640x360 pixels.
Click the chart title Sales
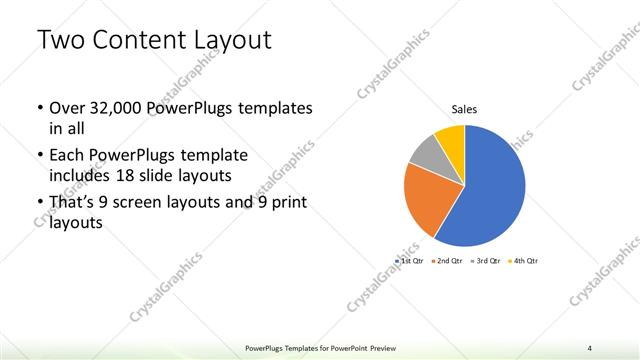pos(464,111)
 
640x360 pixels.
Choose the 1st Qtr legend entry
pos(410,260)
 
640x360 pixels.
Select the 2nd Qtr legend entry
pos(448,260)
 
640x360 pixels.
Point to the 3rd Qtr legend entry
pos(487,260)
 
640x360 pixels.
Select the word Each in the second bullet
pos(68,157)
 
